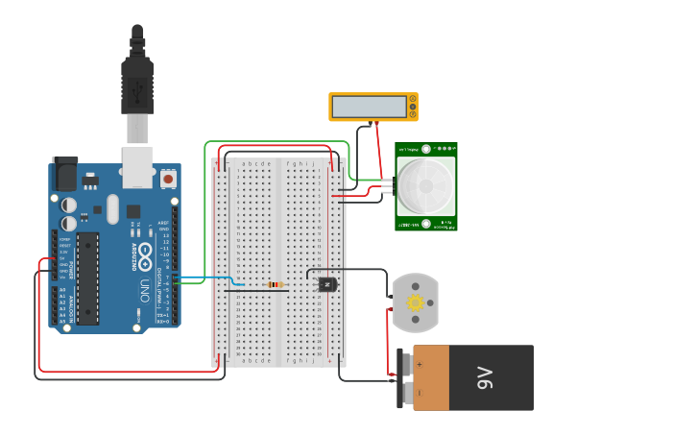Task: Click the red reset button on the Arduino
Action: [x=168, y=179]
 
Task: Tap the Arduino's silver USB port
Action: [x=137, y=166]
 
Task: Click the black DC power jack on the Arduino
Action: [x=64, y=174]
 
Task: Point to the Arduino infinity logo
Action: [x=146, y=256]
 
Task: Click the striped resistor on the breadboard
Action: [x=276, y=284]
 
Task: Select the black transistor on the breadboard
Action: [x=327, y=284]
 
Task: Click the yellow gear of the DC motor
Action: [x=416, y=302]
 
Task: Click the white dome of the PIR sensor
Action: [x=425, y=186]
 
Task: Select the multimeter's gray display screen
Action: [x=369, y=106]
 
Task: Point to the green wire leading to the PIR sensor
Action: [x=205, y=192]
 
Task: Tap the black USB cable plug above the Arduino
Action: [x=137, y=86]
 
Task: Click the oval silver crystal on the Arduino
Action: [x=112, y=208]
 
